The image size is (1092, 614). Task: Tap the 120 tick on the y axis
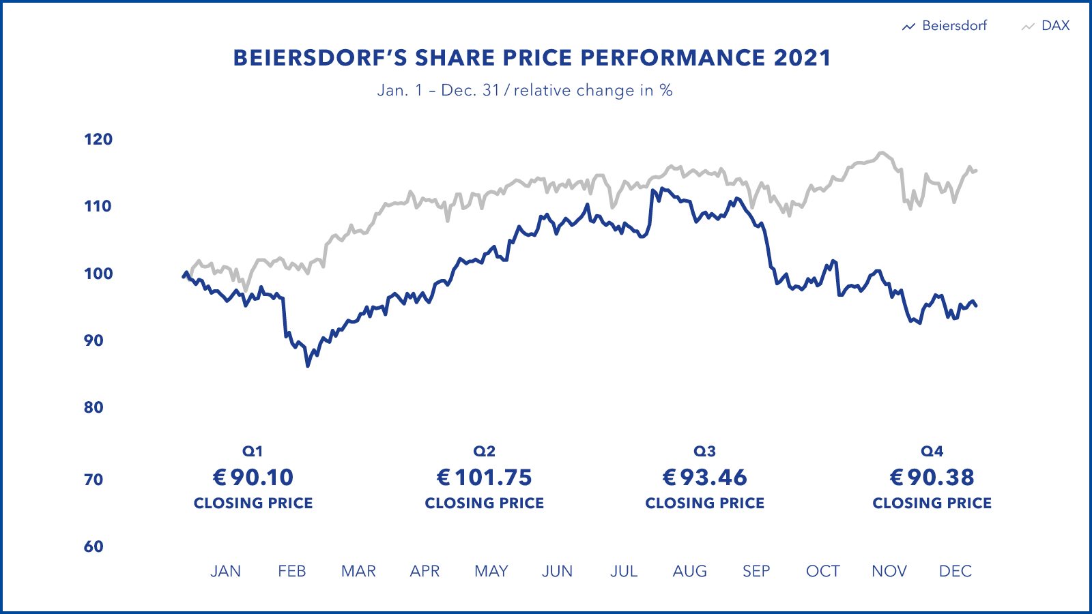(98, 139)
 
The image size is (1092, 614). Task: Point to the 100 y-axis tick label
(98, 274)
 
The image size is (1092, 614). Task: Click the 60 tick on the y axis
(94, 546)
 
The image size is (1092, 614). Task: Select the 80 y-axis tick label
(94, 407)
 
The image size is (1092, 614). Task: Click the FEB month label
(291, 571)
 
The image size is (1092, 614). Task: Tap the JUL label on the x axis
(624, 571)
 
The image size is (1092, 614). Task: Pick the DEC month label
(955, 571)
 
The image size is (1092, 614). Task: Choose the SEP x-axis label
(756, 571)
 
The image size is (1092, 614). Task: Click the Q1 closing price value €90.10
(253, 478)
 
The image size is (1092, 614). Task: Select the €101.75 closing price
(485, 478)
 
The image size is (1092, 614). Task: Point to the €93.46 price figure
(705, 478)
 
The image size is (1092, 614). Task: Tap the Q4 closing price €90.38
(932, 478)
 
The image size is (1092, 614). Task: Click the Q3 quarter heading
(705, 452)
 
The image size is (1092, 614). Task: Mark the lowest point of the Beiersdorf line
(308, 366)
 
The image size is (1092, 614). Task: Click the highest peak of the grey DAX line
(882, 153)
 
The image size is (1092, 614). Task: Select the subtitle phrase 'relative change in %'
(593, 91)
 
